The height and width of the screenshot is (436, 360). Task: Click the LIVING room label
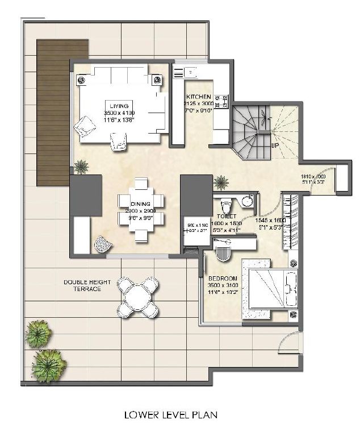tap(120, 106)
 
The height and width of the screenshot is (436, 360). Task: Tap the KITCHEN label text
tap(198, 97)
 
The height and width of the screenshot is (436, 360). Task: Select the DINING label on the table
tap(140, 204)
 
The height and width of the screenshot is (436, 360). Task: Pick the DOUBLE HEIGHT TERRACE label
tap(82, 285)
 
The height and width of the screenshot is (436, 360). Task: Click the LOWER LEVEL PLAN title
tap(171, 416)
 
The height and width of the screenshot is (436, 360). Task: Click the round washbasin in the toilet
tap(246, 201)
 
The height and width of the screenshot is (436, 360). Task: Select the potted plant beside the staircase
tap(221, 182)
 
